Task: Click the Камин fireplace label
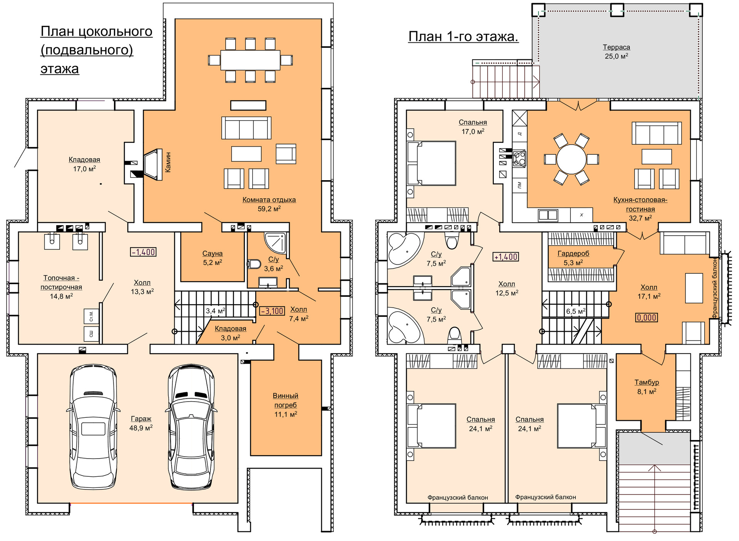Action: pos(168,162)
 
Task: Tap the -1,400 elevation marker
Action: pos(144,252)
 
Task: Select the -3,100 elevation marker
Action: pos(273,311)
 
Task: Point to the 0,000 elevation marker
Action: pos(647,318)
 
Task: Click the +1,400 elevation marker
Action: pos(506,257)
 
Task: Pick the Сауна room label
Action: pos(212,254)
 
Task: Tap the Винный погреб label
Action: pos(285,400)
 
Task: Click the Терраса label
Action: pos(616,47)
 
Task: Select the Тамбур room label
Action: pos(647,382)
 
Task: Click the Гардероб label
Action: pos(573,254)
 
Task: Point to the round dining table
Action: pos(571,159)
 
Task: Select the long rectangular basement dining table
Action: pos(250,60)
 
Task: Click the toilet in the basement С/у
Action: pos(254,264)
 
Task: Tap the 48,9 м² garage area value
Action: pos(141,428)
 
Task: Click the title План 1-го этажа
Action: pos(463,37)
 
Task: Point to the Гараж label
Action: pos(141,419)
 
